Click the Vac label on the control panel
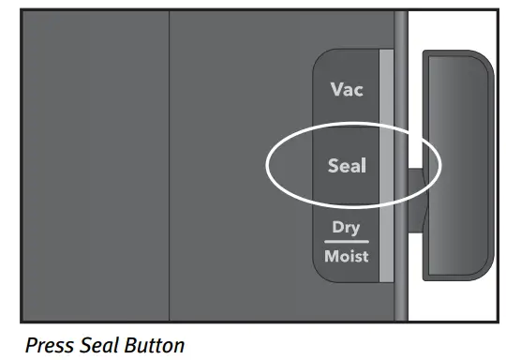tap(347, 91)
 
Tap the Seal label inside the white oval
tap(347, 167)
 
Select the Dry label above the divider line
tap(347, 228)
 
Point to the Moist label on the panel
tap(347, 255)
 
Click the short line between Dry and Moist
tap(347, 241)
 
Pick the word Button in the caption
tap(154, 345)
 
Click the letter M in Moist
tap(331, 255)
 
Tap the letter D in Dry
tap(337, 228)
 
